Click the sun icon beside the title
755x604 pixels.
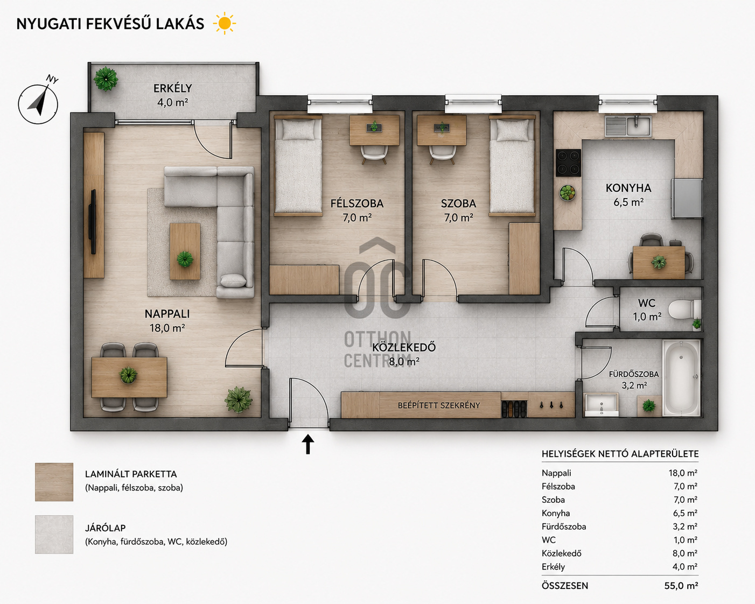click(225, 24)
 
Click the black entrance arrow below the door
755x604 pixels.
click(307, 444)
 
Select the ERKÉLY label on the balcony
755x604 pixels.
click(173, 88)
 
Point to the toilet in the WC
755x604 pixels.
click(684, 309)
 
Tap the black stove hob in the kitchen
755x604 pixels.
click(568, 163)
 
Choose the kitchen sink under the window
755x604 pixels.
click(628, 126)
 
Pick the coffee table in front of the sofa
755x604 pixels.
click(185, 251)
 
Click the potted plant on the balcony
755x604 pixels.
click(106, 79)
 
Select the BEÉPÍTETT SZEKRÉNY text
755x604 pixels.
click(438, 405)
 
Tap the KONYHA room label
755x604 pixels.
click(628, 188)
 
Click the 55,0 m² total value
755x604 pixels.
click(681, 586)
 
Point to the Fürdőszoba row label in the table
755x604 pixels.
click(564, 526)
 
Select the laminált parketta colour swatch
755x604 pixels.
click(54, 482)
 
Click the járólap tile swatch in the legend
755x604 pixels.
click(54, 534)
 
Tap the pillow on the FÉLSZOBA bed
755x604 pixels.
click(298, 129)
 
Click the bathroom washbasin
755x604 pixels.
click(602, 404)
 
